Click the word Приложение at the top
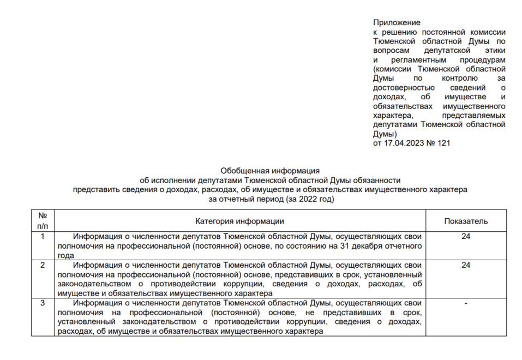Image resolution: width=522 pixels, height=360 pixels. pyautogui.click(x=397, y=22)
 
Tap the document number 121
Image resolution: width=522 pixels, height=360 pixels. pyautogui.click(x=444, y=143)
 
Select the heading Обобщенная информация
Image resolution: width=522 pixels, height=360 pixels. pyautogui.click(x=270, y=171)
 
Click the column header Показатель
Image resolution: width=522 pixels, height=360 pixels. pyautogui.click(x=465, y=221)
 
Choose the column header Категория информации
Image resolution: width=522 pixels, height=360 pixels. pyautogui.click(x=239, y=221)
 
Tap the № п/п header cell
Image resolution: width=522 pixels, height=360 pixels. pyautogui.click(x=43, y=220)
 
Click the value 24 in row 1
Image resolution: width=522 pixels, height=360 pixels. pyautogui.click(x=465, y=236)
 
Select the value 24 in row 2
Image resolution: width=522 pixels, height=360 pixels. pyautogui.click(x=465, y=265)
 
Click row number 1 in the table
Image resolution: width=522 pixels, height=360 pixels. pyautogui.click(x=43, y=236)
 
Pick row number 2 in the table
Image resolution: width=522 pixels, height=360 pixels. pyautogui.click(x=43, y=265)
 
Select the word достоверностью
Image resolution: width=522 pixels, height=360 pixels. pyautogui.click(x=404, y=87)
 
